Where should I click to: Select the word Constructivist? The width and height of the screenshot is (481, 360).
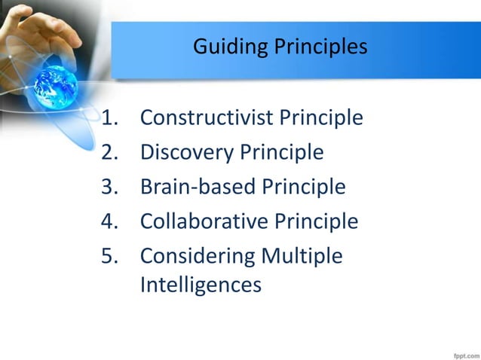coord(207,118)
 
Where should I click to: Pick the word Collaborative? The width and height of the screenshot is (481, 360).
coord(204,221)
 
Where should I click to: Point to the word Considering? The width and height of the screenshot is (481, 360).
coord(198,256)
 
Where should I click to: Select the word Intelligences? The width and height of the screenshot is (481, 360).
coord(201,285)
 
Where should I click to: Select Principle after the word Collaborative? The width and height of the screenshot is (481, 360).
coord(316,221)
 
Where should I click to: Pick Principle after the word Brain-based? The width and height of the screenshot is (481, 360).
coord(303,187)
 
